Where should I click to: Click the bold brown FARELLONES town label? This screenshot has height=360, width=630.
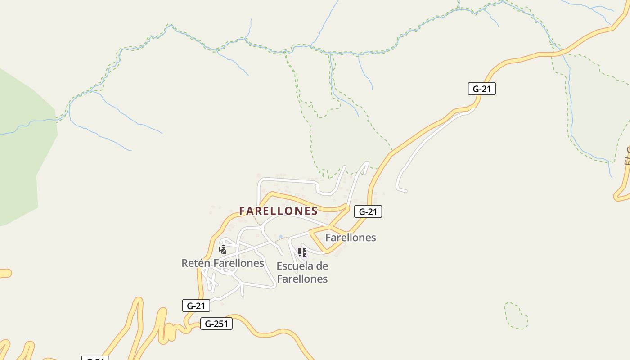pyautogui.click(x=279, y=211)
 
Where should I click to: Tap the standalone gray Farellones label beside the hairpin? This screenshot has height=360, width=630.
pyautogui.click(x=351, y=237)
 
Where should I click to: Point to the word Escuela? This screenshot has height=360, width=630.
pyautogui.click(x=296, y=265)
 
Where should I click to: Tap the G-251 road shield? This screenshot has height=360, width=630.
pyautogui.click(x=216, y=324)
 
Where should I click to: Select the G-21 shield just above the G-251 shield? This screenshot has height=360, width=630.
pyautogui.click(x=196, y=306)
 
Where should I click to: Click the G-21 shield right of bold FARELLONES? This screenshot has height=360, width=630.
pyautogui.click(x=368, y=211)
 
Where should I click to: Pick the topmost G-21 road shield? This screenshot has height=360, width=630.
pyautogui.click(x=481, y=89)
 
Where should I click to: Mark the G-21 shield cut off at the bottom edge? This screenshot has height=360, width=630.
pyautogui.click(x=95, y=358)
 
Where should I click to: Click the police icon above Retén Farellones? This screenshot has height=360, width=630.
pyautogui.click(x=222, y=249)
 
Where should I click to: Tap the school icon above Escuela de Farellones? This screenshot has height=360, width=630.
pyautogui.click(x=302, y=252)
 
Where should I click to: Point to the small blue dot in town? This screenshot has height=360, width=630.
pyautogui.click(x=281, y=236)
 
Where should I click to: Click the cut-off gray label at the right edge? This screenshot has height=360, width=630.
pyautogui.click(x=627, y=155)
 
